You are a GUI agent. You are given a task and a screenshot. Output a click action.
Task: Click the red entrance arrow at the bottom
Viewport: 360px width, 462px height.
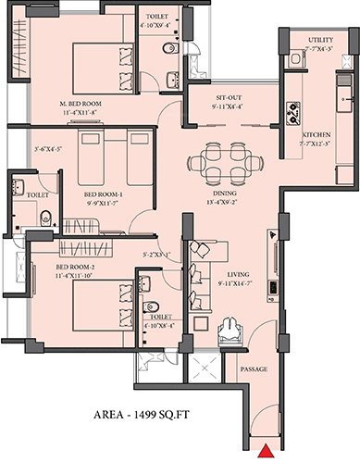coord(265,452)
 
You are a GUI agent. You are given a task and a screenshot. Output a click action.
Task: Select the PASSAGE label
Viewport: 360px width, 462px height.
coord(254,369)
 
